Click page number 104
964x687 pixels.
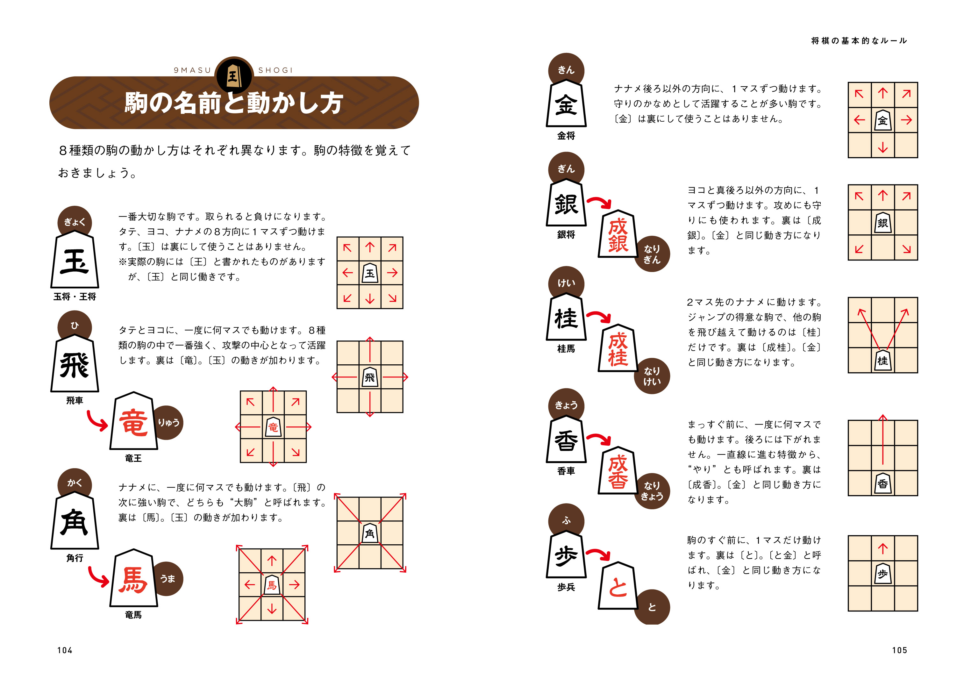[65, 650]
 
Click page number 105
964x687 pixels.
[899, 650]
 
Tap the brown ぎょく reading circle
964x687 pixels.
[75, 222]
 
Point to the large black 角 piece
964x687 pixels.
[75, 522]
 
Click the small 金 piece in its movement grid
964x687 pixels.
[882, 121]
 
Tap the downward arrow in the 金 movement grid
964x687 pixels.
[882, 147]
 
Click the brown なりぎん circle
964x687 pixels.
[652, 254]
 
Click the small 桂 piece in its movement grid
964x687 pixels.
[882, 361]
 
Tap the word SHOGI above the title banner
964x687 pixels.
[275, 70]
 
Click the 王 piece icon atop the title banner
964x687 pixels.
[233, 75]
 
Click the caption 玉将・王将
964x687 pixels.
[75, 297]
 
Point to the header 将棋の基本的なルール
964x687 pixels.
[859, 41]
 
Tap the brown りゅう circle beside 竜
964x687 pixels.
[168, 422]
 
